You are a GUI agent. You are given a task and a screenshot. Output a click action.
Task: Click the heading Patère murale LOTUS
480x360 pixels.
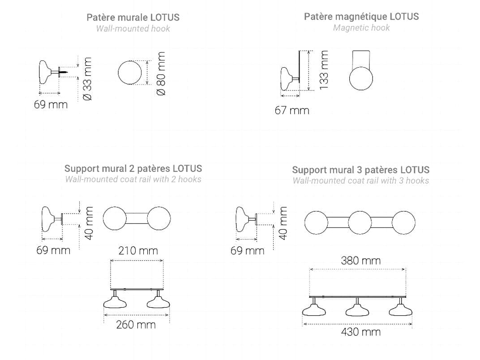coord(133,17)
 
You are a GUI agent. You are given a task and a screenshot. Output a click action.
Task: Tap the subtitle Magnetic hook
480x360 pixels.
coord(361,28)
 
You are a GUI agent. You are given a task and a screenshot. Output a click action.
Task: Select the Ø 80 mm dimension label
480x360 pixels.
coord(161,73)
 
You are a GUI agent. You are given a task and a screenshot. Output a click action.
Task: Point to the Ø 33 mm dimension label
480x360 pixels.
coord(87,79)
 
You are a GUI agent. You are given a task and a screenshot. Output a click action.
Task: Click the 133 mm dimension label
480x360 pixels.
coord(324,70)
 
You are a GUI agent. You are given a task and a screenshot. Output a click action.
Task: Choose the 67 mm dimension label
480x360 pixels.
coord(292,111)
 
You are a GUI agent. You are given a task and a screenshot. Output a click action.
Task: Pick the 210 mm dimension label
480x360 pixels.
coord(138,251)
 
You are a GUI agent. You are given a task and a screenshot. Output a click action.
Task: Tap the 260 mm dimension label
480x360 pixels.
coord(136,325)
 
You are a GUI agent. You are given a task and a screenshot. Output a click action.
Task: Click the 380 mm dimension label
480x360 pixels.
coord(361,261)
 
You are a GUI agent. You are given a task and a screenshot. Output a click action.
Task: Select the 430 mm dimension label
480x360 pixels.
coord(361,332)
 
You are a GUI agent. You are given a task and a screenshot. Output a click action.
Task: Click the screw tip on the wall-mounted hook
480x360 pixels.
coord(67,72)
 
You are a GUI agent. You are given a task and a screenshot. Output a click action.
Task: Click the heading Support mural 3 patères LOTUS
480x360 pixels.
coord(360,170)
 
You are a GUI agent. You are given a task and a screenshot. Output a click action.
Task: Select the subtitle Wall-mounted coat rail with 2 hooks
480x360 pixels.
coord(133,180)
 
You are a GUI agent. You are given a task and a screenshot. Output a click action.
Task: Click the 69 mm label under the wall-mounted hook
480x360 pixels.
coord(51,105)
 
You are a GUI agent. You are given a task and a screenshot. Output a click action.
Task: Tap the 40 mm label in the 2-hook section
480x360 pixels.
coord(89,223)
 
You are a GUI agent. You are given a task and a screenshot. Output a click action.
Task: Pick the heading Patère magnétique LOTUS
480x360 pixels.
coord(361,17)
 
